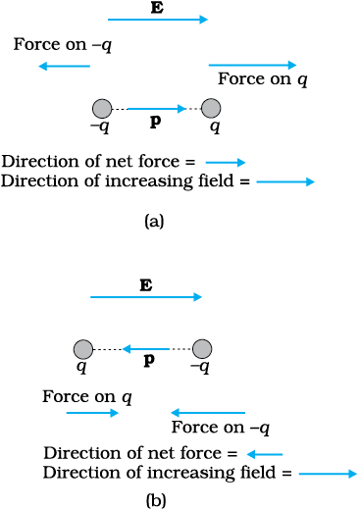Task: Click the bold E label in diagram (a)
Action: (157, 7)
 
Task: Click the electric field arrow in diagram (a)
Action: (158, 20)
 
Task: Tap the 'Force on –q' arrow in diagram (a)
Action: (64, 67)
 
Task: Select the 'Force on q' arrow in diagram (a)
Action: (252, 65)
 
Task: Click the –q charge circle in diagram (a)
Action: (102, 108)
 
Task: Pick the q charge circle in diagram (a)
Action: (211, 108)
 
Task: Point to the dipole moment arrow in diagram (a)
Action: (157, 109)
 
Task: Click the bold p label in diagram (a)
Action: (155, 123)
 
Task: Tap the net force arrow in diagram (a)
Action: (226, 162)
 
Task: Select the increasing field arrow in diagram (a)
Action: (285, 181)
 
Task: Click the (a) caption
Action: (154, 222)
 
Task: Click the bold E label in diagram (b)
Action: (146, 285)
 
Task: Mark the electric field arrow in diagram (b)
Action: (146, 297)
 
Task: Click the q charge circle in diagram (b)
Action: (83, 349)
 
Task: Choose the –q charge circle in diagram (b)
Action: (202, 349)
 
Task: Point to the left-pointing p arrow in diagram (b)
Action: (146, 349)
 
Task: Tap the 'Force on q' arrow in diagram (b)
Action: (92, 413)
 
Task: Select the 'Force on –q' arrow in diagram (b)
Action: (208, 413)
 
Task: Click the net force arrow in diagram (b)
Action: (265, 454)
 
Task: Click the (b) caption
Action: (156, 500)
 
